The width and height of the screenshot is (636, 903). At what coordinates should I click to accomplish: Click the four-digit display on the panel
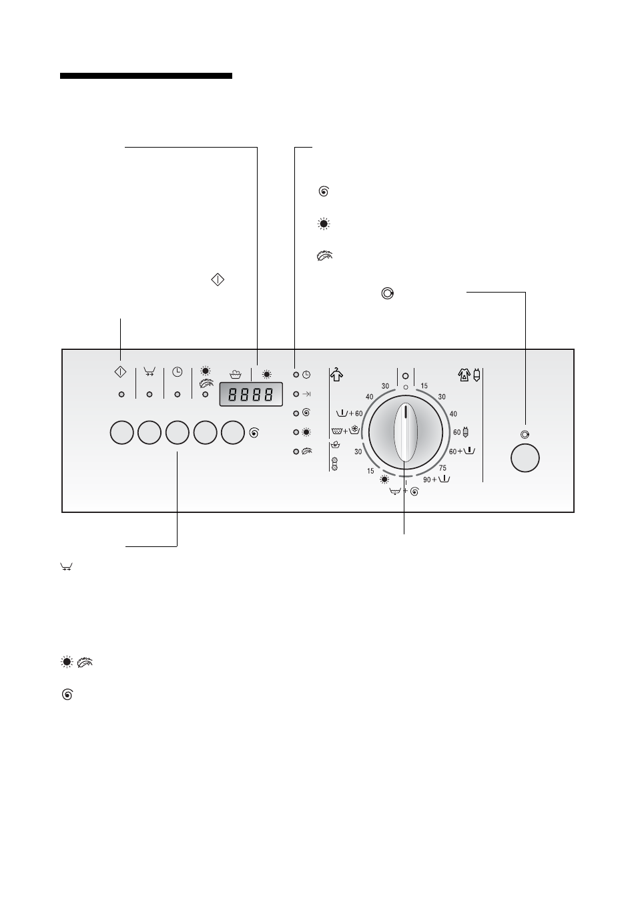click(x=251, y=394)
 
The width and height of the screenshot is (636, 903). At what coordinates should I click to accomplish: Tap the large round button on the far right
click(x=525, y=458)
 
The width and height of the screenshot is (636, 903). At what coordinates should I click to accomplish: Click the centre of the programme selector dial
click(x=406, y=432)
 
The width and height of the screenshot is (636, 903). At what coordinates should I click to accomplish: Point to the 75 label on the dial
click(x=442, y=468)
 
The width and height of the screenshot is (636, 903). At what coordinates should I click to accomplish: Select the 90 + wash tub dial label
click(x=436, y=480)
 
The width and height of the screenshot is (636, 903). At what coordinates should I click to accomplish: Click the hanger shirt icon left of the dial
click(x=336, y=375)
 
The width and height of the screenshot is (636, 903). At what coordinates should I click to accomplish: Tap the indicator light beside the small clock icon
click(x=296, y=375)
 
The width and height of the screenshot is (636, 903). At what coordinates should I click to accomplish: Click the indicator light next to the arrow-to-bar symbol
click(x=296, y=394)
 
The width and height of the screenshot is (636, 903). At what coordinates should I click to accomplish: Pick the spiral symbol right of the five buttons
click(x=254, y=433)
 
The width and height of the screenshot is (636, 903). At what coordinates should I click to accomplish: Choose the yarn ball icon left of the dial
click(x=334, y=464)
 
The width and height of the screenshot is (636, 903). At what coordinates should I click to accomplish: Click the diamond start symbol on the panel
click(x=120, y=371)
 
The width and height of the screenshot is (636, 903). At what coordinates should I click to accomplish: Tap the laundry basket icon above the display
click(x=235, y=375)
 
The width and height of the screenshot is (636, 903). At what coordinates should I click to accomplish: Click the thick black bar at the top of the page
click(x=146, y=75)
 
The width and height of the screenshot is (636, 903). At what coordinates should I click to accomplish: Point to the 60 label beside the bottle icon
click(x=456, y=432)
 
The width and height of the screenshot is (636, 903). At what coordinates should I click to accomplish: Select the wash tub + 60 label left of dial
click(x=349, y=413)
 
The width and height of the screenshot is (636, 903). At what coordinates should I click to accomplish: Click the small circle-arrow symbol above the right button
click(x=525, y=435)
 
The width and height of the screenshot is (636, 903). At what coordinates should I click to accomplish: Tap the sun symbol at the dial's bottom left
click(x=384, y=480)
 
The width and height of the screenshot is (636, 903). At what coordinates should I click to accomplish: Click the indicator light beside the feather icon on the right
click(x=296, y=452)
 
